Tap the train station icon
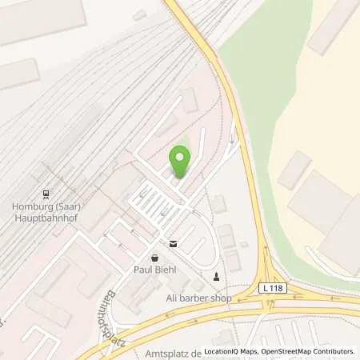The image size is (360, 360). coord(46,193)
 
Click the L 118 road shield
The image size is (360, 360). coord(268,286)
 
